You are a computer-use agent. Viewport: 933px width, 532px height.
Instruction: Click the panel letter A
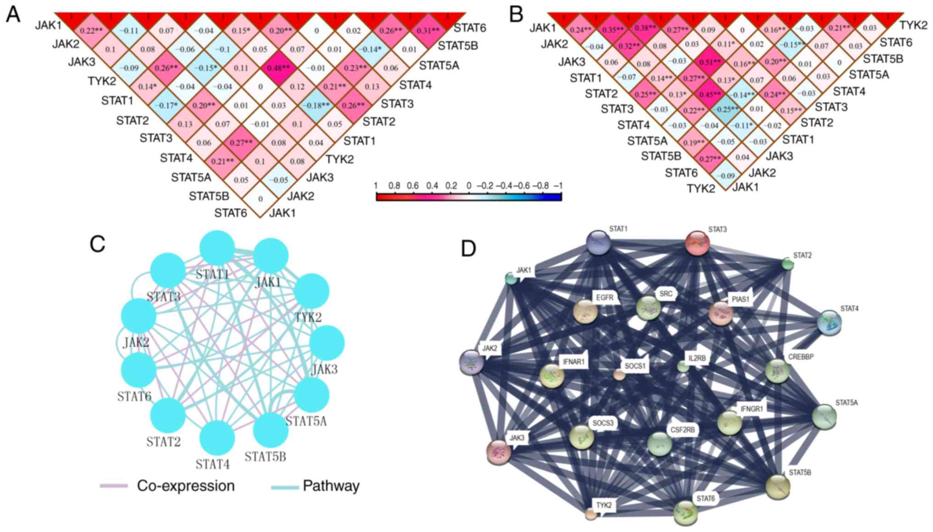(13, 15)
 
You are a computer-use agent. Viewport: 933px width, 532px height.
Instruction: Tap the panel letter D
(468, 249)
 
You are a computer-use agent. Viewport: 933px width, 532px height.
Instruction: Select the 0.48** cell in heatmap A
(279, 68)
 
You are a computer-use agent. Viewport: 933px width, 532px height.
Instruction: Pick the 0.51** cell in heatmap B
(710, 62)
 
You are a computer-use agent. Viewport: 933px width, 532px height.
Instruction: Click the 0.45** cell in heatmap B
(710, 94)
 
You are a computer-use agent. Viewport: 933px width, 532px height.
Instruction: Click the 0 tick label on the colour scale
(469, 186)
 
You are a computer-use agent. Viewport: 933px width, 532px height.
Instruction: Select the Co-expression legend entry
(185, 486)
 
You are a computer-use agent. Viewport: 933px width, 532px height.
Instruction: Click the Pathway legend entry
(331, 486)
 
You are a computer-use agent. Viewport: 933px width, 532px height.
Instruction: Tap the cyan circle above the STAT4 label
(217, 437)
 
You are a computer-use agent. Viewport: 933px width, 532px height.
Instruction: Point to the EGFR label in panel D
(605, 298)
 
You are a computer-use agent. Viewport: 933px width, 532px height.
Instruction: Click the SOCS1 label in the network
(635, 366)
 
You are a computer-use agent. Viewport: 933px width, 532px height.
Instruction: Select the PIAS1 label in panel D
(740, 300)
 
